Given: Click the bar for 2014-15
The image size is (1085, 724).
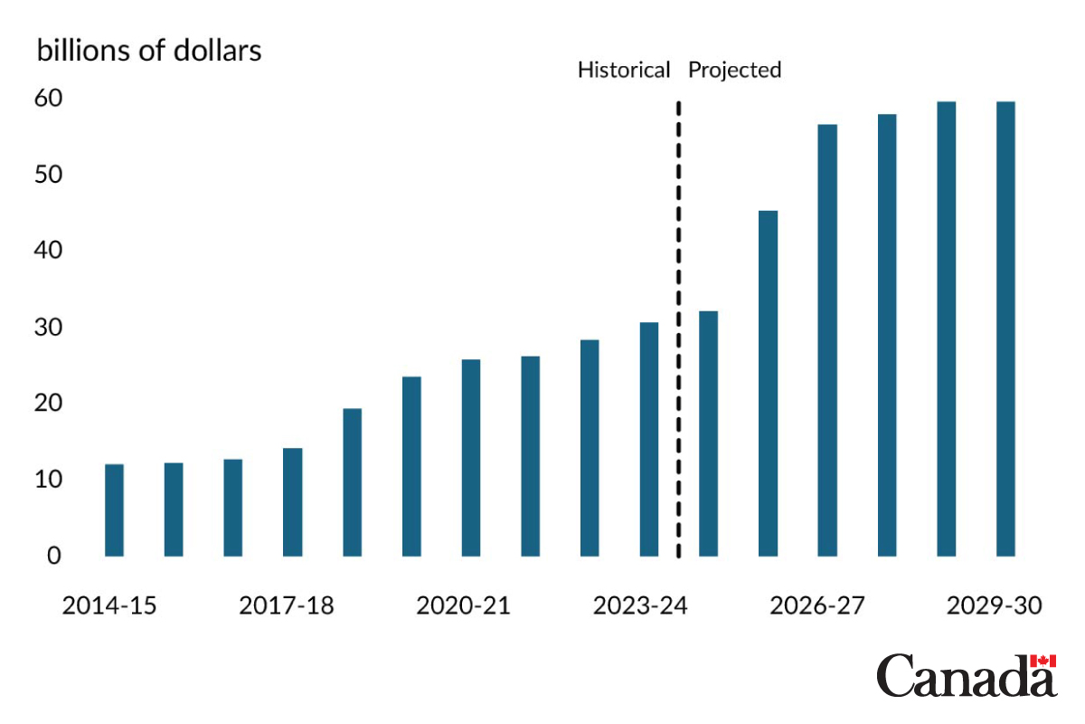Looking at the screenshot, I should click(x=114, y=510).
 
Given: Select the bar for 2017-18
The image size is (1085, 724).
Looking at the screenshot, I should click(x=292, y=502).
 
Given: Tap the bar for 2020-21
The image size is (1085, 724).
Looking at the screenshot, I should click(x=470, y=458).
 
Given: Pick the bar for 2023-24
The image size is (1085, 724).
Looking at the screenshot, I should click(x=649, y=439).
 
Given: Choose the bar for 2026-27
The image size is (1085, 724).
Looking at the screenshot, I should click(x=827, y=340).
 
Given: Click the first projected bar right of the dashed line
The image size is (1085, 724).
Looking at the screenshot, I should click(x=708, y=433).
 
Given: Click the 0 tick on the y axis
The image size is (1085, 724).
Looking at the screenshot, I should click(x=54, y=556).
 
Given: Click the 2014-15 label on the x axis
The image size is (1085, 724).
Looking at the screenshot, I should click(x=109, y=605).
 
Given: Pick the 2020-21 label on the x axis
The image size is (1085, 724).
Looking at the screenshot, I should click(x=463, y=605).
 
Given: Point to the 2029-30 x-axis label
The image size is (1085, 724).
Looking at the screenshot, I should click(x=995, y=605).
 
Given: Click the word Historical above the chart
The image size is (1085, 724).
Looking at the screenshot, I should click(x=624, y=71).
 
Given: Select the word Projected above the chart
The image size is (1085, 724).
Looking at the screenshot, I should click(x=735, y=71).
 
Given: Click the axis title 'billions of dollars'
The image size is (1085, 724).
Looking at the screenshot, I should click(x=149, y=51).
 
